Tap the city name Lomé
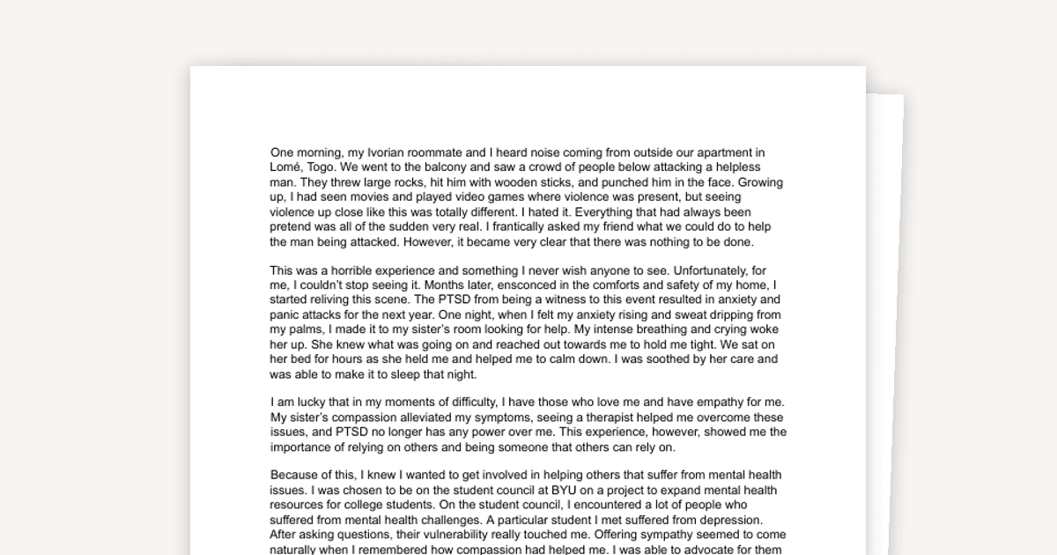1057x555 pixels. (x=286, y=167)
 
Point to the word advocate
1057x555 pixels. (x=728, y=550)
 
